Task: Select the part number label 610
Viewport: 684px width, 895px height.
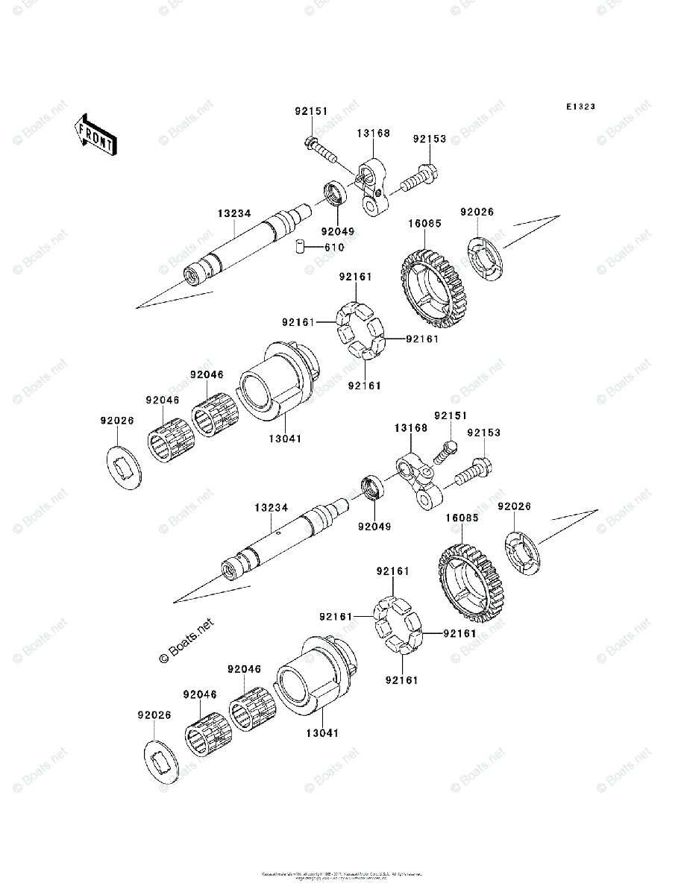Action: (x=333, y=248)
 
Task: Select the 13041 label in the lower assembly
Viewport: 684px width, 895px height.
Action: (x=321, y=733)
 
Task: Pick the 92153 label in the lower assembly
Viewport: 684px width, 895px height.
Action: (x=484, y=433)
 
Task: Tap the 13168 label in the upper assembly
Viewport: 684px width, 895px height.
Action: (x=372, y=134)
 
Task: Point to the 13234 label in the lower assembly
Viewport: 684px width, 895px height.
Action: (x=270, y=507)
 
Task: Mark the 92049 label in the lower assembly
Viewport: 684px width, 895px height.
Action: (x=374, y=526)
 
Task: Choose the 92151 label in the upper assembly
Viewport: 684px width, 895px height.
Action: (x=310, y=111)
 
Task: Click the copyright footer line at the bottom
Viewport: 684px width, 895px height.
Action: (x=342, y=875)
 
